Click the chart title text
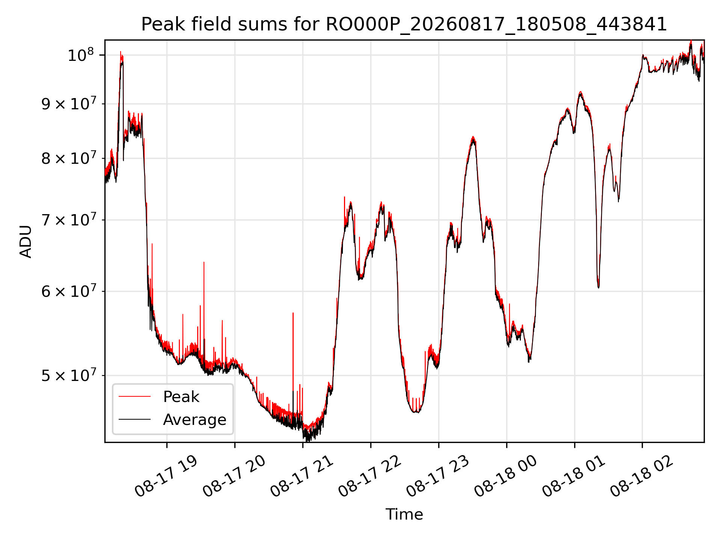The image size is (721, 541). coord(404,24)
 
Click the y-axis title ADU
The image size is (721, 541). coord(26,242)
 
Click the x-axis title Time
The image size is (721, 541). coord(404,514)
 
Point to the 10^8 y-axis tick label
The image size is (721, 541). coord(80,55)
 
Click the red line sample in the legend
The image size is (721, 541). coord(134,396)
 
